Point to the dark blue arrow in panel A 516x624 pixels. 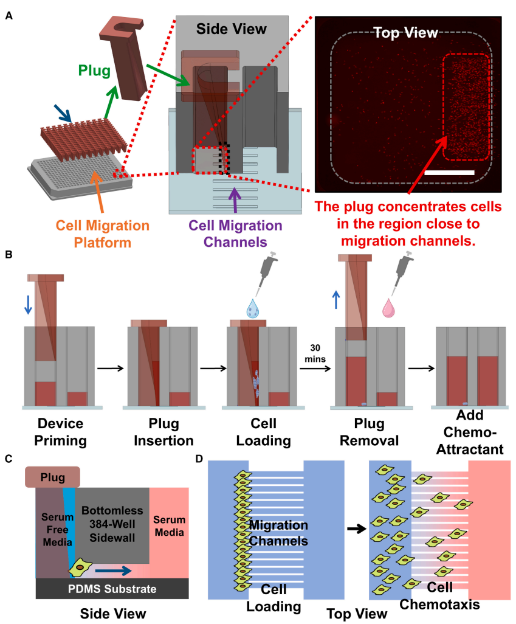coord(63,111)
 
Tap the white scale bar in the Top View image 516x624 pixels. coord(449,173)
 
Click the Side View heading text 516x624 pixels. coord(231,29)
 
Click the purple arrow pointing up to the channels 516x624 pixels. coord(233,198)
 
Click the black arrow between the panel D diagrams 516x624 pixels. coord(353,529)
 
